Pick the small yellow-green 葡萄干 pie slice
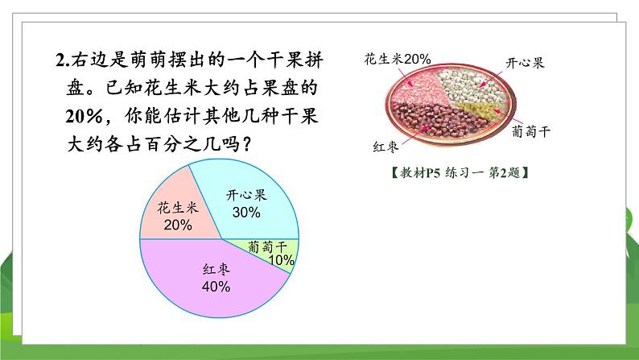[278, 253]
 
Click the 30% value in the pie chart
[246, 213]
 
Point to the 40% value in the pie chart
[216, 286]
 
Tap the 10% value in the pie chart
[281, 260]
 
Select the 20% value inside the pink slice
[177, 226]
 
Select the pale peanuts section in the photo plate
[423, 85]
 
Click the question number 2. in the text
[64, 60]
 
